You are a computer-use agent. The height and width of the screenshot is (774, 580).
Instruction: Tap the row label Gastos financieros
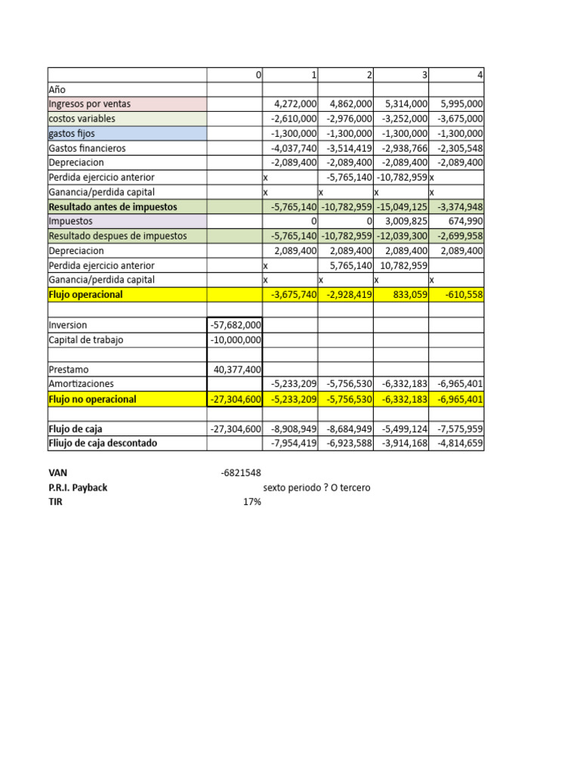click(87, 148)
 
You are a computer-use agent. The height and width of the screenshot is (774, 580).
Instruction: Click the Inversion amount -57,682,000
click(235, 325)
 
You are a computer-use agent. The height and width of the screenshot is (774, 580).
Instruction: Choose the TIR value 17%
click(251, 502)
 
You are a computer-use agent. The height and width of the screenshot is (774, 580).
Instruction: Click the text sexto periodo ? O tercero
click(316, 488)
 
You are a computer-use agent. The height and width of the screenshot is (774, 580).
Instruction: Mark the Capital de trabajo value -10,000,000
click(235, 340)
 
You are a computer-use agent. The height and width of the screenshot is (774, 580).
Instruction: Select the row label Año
click(57, 89)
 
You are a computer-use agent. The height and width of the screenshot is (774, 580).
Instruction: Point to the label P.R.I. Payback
click(78, 488)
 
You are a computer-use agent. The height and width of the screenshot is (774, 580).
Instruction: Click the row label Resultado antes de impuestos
click(113, 206)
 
